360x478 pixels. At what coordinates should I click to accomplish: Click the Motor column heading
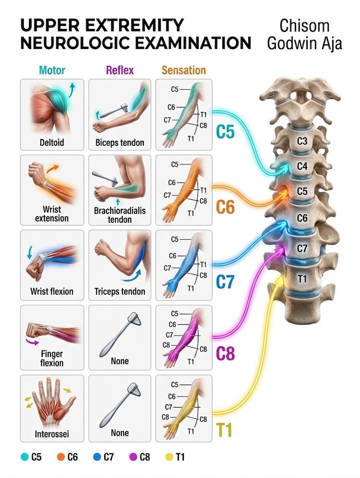[x=52, y=70]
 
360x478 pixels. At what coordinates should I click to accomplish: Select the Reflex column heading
[x=120, y=70]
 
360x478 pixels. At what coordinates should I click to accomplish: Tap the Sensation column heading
[x=184, y=70]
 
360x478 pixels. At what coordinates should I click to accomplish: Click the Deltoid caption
[x=52, y=142]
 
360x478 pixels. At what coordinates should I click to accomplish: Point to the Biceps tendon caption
[x=120, y=143]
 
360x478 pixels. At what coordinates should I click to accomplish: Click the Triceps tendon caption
[x=120, y=291]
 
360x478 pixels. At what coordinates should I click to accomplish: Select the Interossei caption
[x=52, y=434]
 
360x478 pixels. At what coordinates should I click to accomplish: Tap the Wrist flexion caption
[x=52, y=291]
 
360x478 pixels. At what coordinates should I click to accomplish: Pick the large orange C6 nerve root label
[x=225, y=207]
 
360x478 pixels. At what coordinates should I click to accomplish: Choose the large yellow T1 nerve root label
[x=224, y=430]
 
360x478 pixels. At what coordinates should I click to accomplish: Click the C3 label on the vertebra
[x=302, y=141]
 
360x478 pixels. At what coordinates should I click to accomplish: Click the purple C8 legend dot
[x=133, y=457]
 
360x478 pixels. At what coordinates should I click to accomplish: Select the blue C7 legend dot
[x=97, y=457]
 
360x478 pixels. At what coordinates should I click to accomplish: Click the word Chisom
[x=304, y=26]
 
